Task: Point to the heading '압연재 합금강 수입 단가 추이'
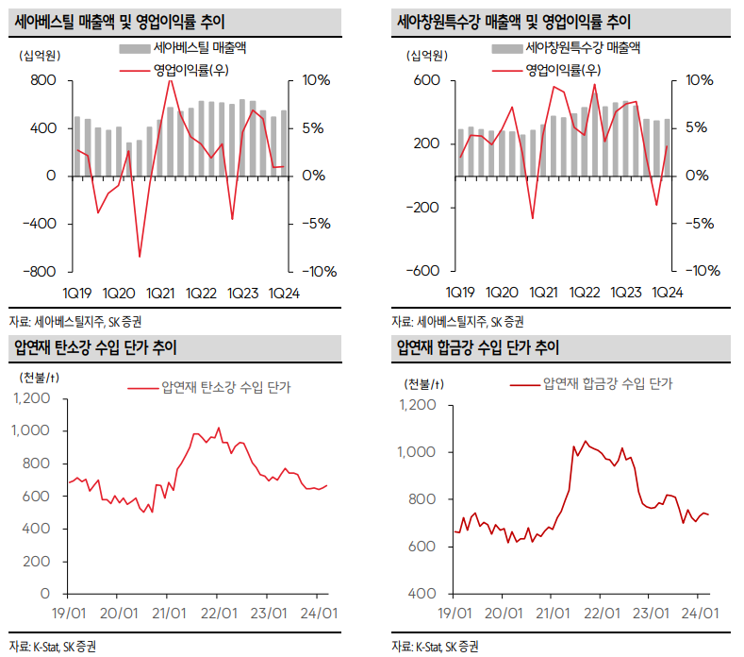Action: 479,348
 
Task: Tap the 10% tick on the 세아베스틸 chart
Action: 315,81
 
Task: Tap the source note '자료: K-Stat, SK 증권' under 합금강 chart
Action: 435,647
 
